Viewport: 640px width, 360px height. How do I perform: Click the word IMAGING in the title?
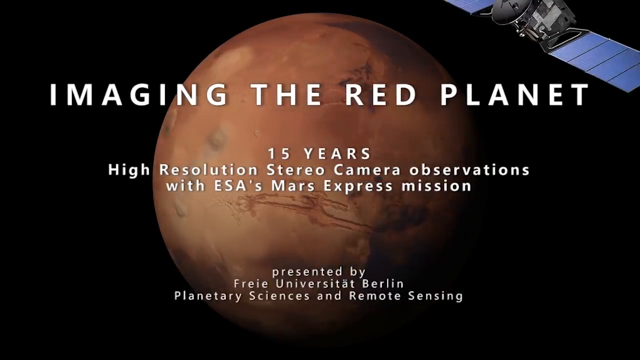coord(138,95)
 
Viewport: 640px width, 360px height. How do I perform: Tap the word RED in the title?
coord(380,95)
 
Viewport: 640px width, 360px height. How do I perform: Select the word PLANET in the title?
coord(515,95)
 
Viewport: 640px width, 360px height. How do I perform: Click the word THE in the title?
coord(286,95)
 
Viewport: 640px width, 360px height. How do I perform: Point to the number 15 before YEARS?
coord(278,154)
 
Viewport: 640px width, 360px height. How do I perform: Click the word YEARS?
coord(337,154)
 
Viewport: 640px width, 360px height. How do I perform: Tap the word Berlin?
coord(383,283)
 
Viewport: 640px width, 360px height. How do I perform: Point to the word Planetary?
coord(208,296)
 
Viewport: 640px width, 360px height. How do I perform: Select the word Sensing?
coord(435,296)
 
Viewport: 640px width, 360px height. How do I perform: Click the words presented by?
coord(319,272)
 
